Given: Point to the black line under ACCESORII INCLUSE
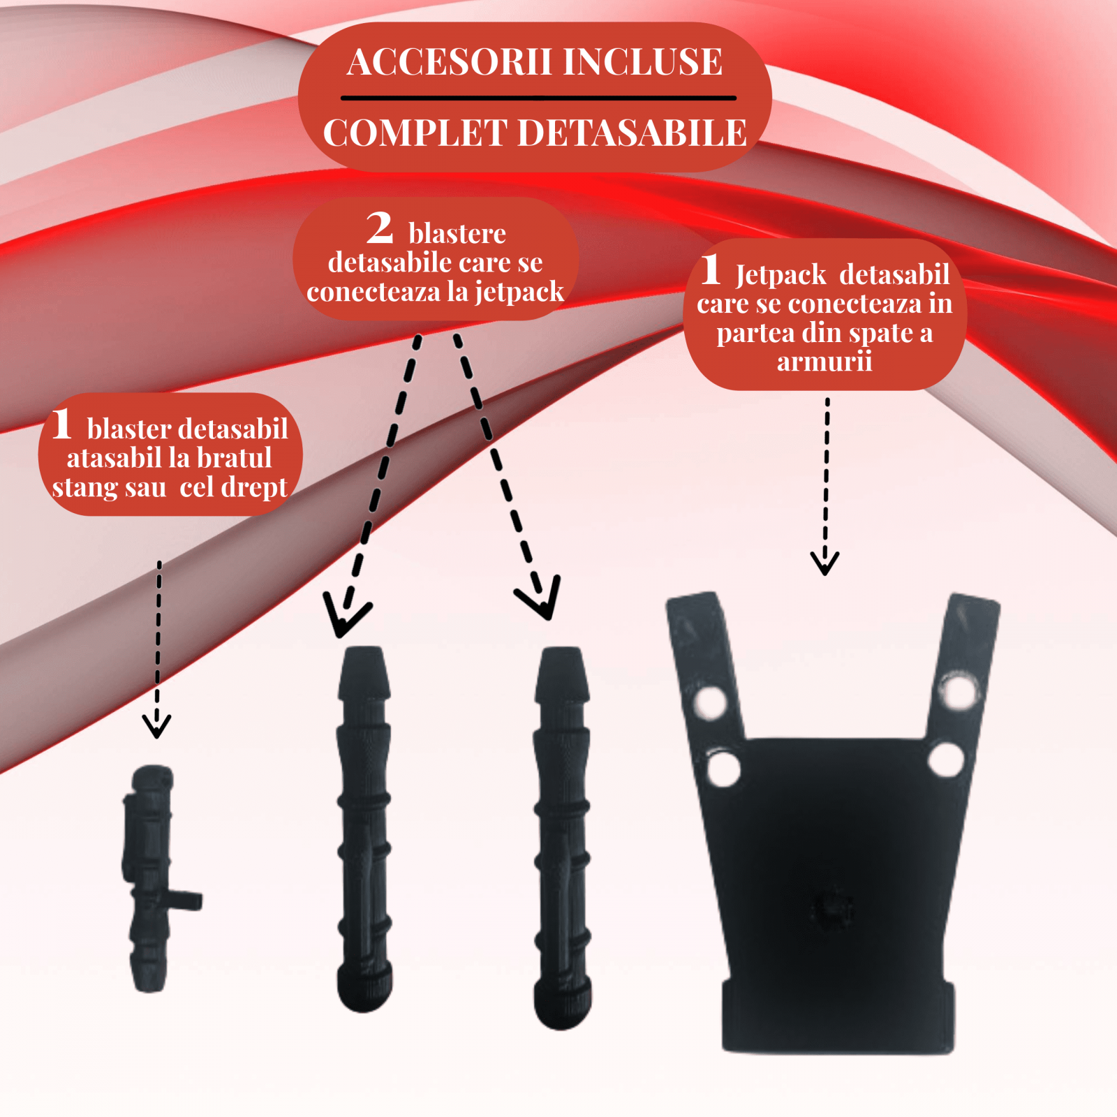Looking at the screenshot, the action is click(538, 98).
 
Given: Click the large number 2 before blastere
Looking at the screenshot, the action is click(380, 228).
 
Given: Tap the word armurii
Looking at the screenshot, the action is click(824, 362).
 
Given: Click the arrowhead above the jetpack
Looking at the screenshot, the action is click(824, 563).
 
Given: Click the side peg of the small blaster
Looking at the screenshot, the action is click(185, 900).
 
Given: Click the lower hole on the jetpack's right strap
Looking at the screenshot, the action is click(947, 759).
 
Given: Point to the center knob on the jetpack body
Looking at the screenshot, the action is click(831, 908).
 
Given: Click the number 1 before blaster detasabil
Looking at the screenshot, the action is click(62, 424).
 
